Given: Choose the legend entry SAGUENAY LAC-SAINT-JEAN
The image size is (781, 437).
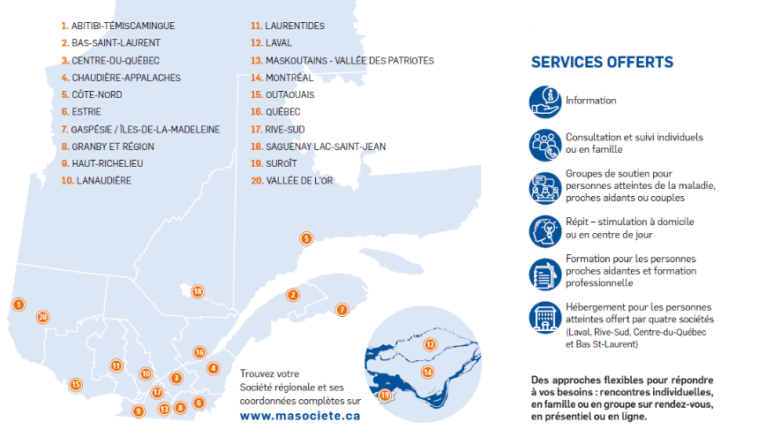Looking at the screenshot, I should tap(318, 147).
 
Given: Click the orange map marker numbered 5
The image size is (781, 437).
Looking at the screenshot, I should tap(306, 238).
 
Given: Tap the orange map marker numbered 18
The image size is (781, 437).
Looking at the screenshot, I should tap(198, 291).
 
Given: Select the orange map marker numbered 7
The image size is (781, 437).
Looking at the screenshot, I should tap(342, 310).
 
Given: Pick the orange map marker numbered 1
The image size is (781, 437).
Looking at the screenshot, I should tap(18, 305).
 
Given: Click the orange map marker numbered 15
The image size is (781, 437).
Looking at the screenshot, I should tap(76, 384).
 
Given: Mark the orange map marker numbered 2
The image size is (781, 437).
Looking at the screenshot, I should tap(293, 295).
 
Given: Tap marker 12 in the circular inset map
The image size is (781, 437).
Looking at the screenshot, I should tap(431, 344).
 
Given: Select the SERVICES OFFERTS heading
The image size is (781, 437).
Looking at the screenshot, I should tap(602, 63).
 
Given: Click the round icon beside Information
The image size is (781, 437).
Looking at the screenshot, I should tap(545, 102).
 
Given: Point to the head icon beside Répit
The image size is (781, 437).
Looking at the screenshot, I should tap(545, 230).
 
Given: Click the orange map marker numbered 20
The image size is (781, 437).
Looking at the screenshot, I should tap(42, 317).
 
